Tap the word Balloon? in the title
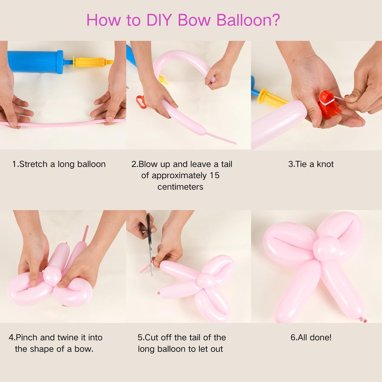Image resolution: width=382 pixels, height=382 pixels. pyautogui.click(x=249, y=20)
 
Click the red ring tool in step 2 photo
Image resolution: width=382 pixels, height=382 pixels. pyautogui.click(x=141, y=102)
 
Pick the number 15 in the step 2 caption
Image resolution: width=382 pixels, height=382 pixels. pyautogui.click(x=214, y=176)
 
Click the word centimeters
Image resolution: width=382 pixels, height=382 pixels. pyautogui.click(x=180, y=187)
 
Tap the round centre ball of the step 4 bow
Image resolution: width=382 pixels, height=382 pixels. pyautogui.click(x=52, y=275)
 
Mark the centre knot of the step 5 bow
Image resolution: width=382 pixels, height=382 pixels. pyautogui.click(x=206, y=281)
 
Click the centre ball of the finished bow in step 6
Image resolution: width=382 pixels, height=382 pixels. pyautogui.click(x=327, y=248)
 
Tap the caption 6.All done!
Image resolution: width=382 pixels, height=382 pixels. pyautogui.click(x=311, y=338)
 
